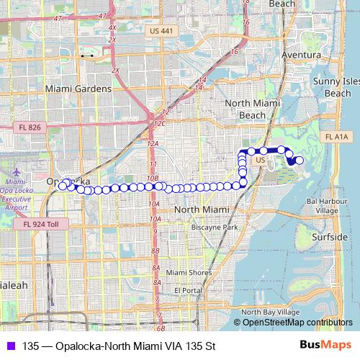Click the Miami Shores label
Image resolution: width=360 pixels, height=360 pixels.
[x=189, y=273]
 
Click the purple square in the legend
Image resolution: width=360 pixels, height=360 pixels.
[x=9, y=346]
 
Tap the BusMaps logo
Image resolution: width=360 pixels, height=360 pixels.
[x=325, y=346]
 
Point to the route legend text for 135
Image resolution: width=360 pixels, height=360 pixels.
[x=119, y=346]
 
